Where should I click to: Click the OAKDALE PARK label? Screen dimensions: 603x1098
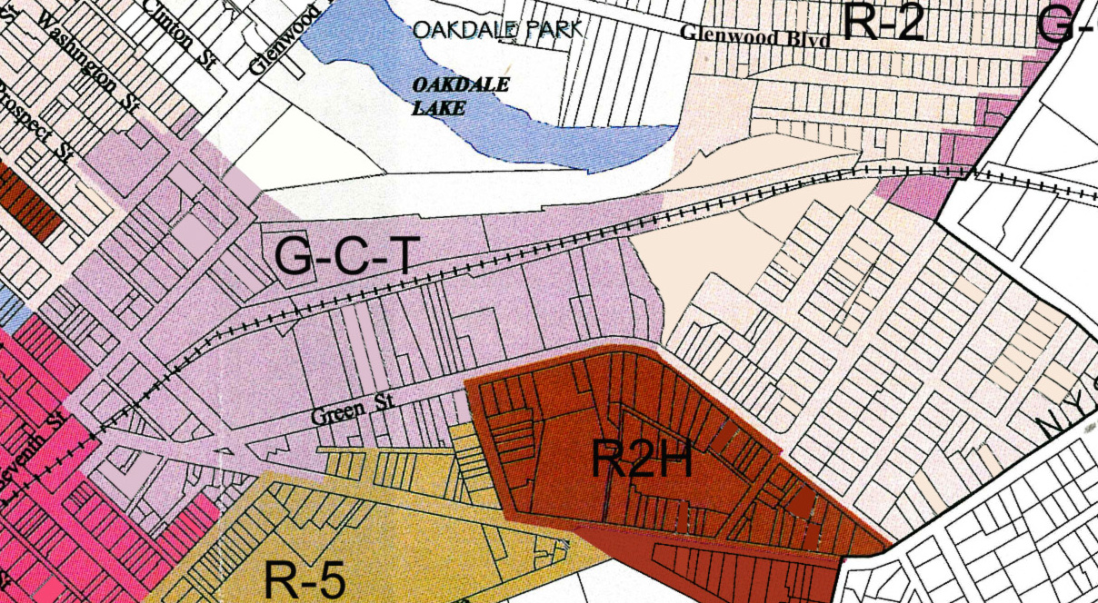[496, 30]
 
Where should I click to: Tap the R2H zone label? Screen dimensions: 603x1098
[642, 459]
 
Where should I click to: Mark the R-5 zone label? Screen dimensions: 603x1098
[305, 579]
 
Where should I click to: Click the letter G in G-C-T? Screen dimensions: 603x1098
[293, 259]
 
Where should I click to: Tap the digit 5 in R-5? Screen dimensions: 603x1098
[329, 579]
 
